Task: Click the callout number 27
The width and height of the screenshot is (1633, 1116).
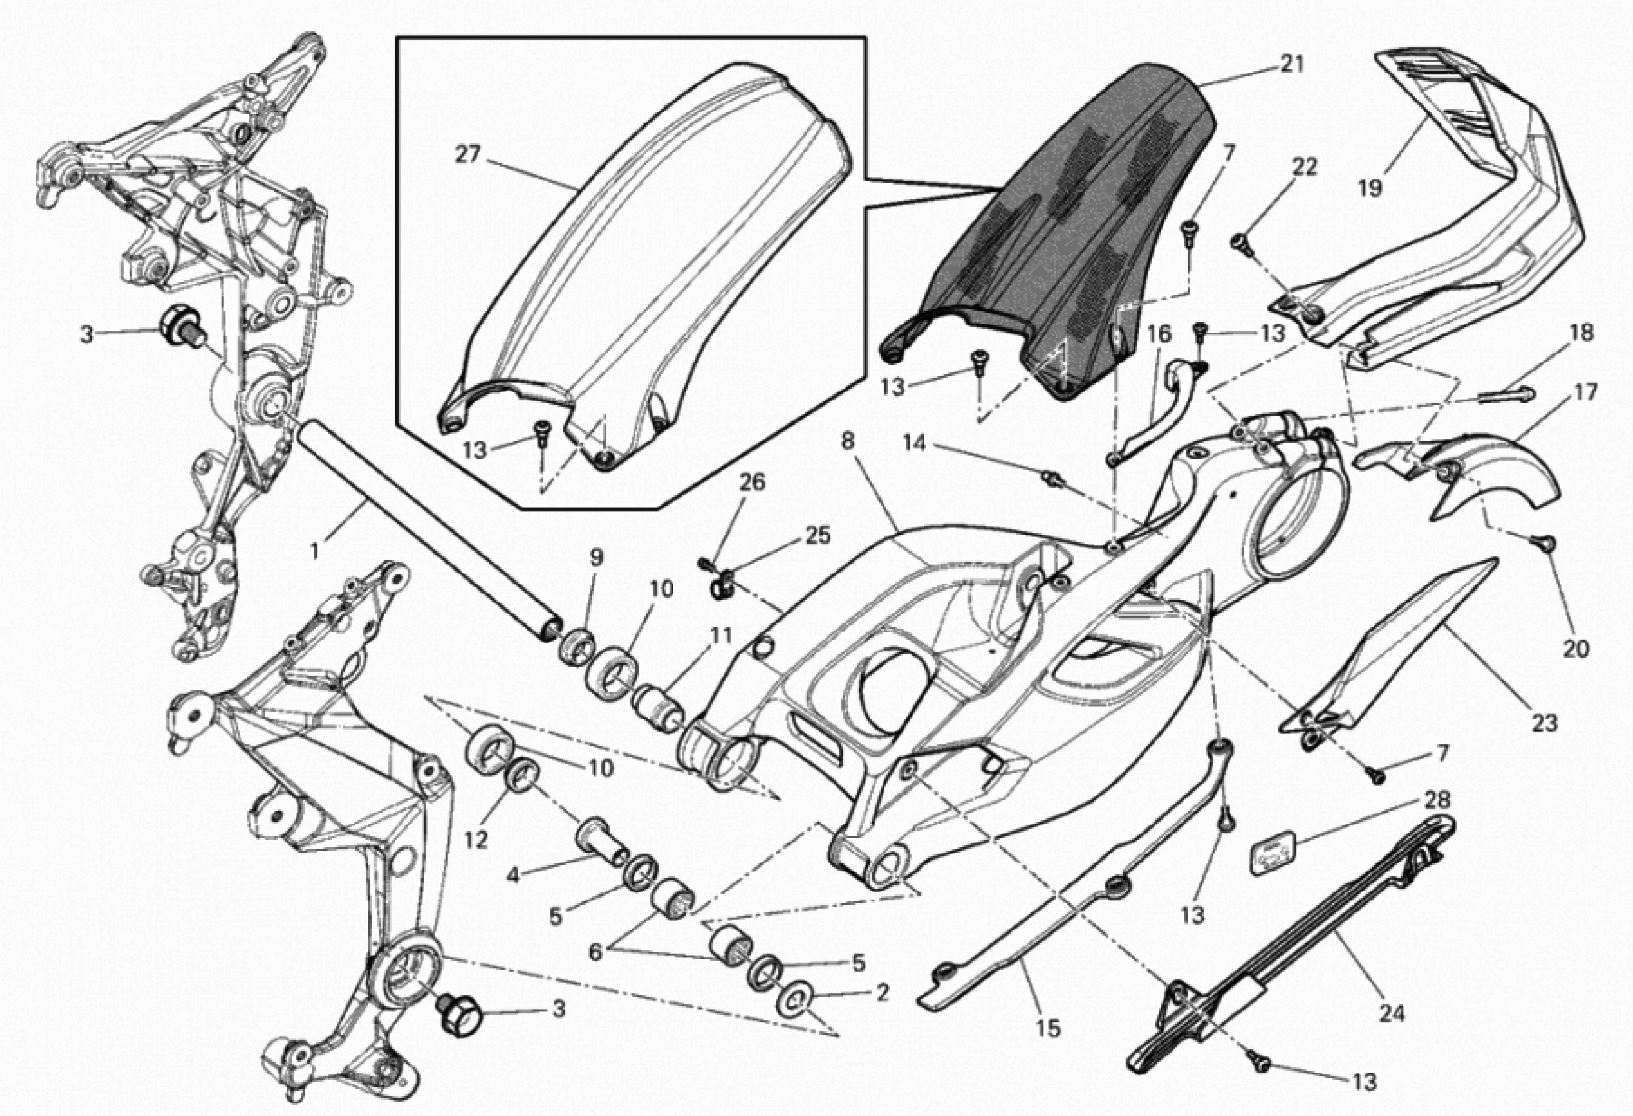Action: tap(467, 154)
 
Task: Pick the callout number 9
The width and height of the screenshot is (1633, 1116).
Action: tap(596, 558)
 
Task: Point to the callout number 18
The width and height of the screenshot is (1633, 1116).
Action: tap(1582, 333)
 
